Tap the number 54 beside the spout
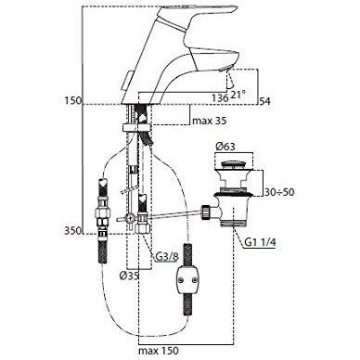coord(266,100)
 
